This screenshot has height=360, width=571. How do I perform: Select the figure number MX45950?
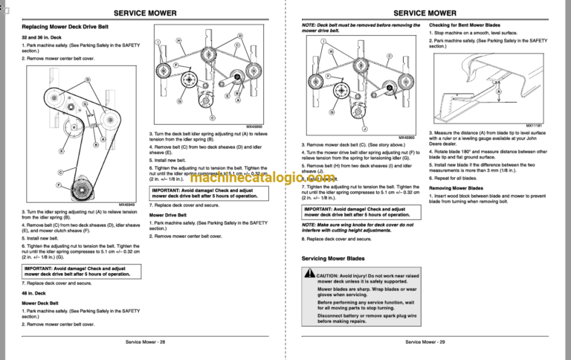(253, 126)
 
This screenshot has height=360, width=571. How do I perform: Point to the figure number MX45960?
(406, 137)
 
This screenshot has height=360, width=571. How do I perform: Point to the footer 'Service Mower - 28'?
(145, 341)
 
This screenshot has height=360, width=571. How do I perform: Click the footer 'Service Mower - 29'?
(425, 341)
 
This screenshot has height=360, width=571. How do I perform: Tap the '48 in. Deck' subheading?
(35, 293)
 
